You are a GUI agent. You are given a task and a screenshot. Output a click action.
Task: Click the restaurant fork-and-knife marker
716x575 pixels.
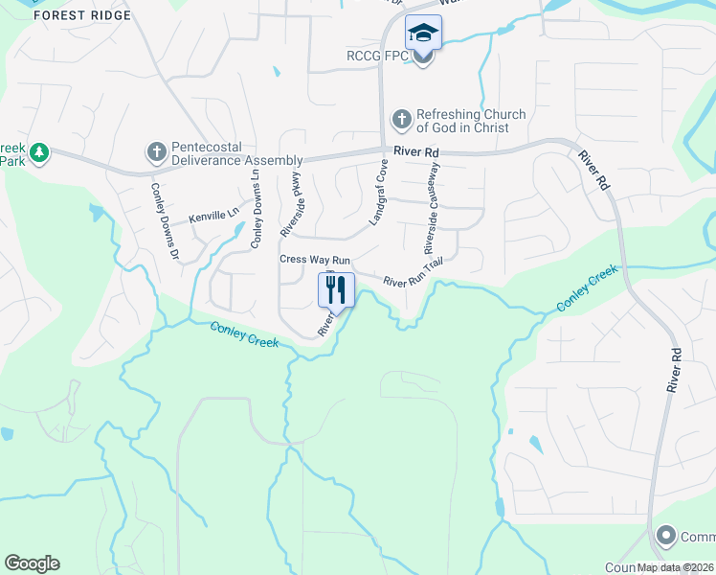pos(336,288)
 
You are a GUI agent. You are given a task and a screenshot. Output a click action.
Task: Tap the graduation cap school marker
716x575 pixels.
pos(423,34)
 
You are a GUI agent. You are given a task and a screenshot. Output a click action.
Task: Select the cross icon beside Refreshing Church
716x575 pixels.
pos(401,121)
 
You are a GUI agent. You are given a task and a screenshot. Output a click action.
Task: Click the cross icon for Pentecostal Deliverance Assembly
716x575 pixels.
pos(156,151)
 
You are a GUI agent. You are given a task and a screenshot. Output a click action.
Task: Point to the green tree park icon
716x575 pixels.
pos(38,152)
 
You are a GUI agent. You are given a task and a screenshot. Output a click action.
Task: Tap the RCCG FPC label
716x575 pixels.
pos(377,57)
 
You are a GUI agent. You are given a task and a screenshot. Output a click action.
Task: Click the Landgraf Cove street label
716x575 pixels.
pos(378,194)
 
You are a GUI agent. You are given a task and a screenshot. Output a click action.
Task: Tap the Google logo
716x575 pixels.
pos(32,563)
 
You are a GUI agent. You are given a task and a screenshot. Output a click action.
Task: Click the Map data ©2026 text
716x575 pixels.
pos(675,567)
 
